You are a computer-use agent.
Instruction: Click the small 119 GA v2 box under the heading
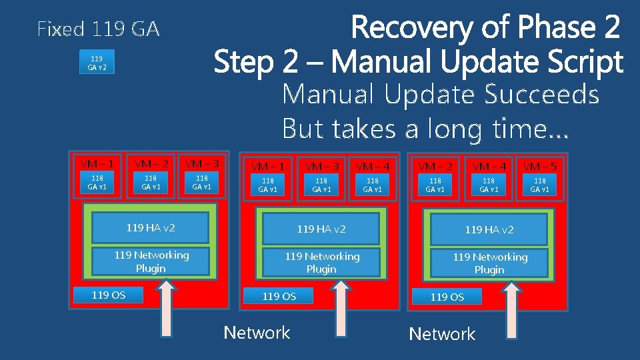coord(97,63)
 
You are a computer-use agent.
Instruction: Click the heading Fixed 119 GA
coord(99,29)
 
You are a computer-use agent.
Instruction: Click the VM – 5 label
coord(539,166)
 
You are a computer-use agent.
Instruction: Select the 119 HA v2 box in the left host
coord(151,228)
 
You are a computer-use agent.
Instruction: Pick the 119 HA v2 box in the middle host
coord(321,229)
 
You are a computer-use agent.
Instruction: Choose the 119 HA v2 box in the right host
coord(489,230)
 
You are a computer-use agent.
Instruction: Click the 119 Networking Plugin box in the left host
coord(151,261)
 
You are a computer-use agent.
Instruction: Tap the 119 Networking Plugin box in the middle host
coord(321,263)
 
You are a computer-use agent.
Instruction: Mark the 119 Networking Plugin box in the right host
coord(489,263)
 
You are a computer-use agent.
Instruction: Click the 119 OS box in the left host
coord(109,295)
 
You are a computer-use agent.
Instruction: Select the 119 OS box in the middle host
coord(279,296)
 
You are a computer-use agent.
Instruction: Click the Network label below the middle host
coord(257,333)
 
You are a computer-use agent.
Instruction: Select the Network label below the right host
coord(442,334)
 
